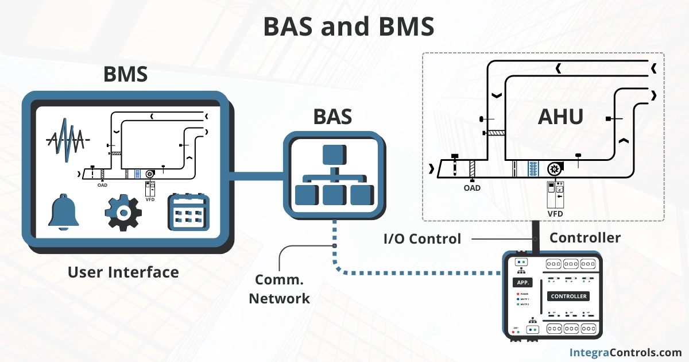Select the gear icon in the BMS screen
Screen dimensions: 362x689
pyautogui.click(x=123, y=213)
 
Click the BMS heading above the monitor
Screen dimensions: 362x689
pyautogui.click(x=125, y=75)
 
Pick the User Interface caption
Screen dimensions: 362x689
pyautogui.click(x=123, y=272)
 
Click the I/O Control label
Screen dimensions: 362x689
pyautogui.click(x=422, y=238)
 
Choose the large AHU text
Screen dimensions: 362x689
pyautogui.click(x=560, y=117)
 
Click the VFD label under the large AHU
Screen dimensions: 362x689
pyautogui.click(x=555, y=214)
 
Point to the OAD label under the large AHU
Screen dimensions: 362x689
pyautogui.click(x=472, y=187)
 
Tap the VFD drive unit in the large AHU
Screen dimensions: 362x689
pyautogui.click(x=555, y=194)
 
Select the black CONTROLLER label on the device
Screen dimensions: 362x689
pyautogui.click(x=568, y=296)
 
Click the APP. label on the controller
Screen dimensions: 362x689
pyautogui.click(x=523, y=283)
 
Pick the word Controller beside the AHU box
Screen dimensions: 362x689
pyautogui.click(x=585, y=237)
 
